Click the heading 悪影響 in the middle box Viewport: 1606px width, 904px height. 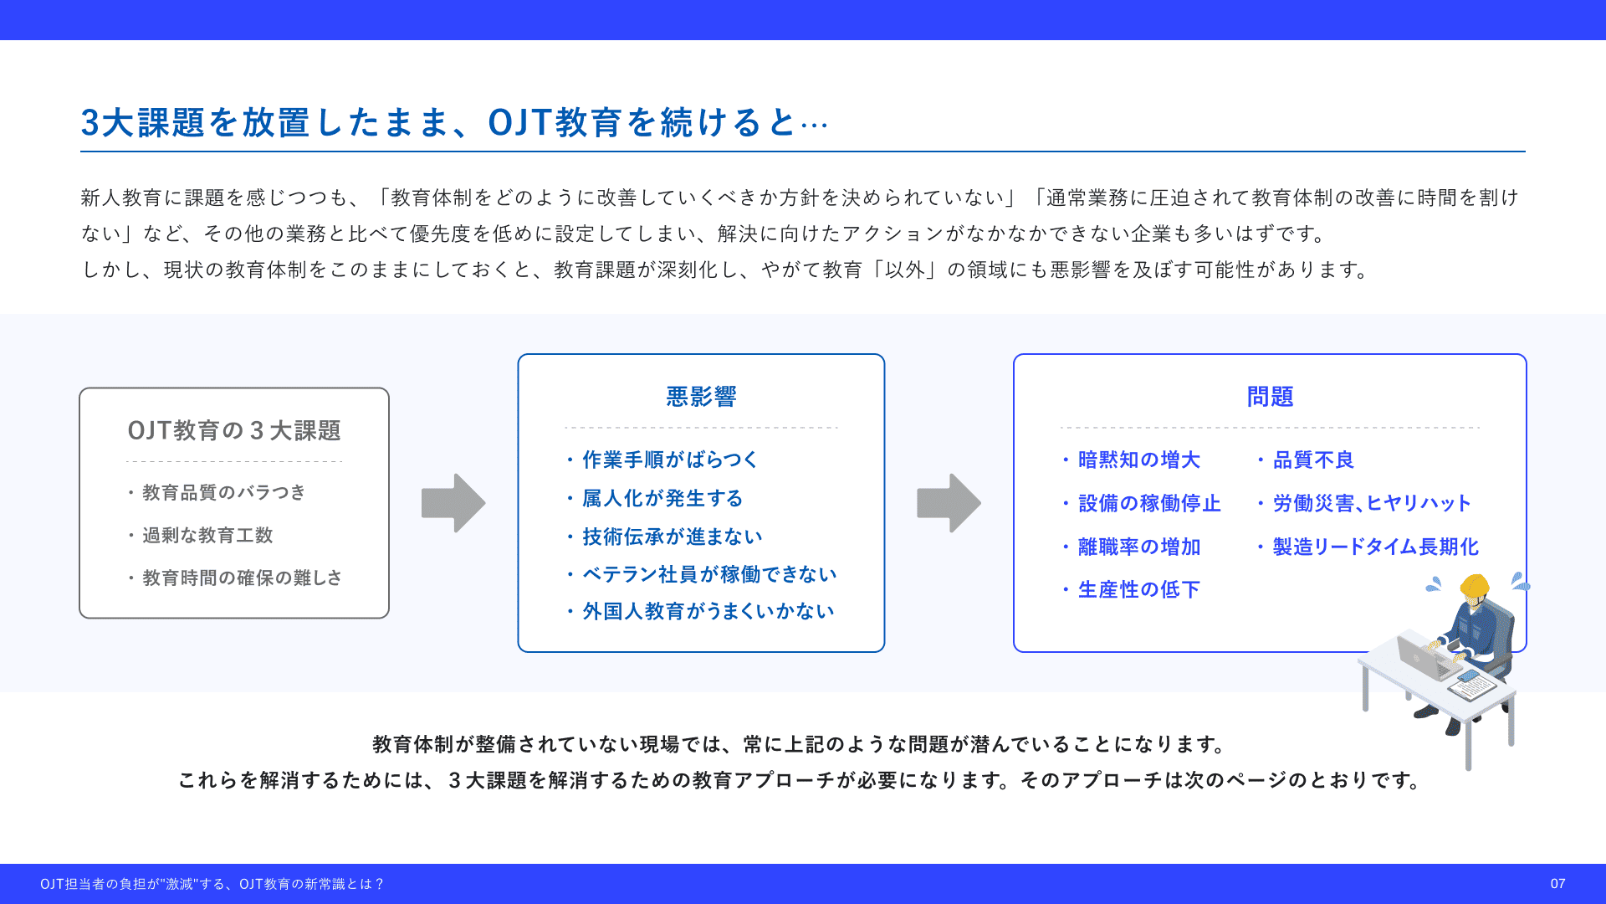pyautogui.click(x=701, y=397)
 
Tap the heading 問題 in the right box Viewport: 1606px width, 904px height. pyautogui.click(x=1270, y=397)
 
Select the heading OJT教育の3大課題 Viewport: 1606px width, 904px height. pyautogui.click(x=234, y=431)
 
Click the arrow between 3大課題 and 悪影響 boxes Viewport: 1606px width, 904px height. pyautogui.click(x=453, y=503)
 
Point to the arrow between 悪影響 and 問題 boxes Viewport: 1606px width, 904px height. pyautogui.click(x=949, y=503)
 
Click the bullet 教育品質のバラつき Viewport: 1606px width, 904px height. pyautogui.click(x=223, y=492)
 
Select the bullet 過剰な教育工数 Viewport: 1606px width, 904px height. pyautogui.click(x=207, y=536)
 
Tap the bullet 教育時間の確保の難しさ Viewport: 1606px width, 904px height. pyautogui.click(x=242, y=578)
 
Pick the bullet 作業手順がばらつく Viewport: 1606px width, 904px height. pyautogui.click(x=670, y=460)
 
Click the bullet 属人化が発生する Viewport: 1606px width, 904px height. pyautogui.click(x=662, y=499)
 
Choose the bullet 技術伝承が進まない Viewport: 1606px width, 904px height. pyautogui.click(x=673, y=537)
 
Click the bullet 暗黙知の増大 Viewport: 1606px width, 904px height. pyautogui.click(x=1138, y=460)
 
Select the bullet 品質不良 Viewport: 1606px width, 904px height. pyautogui.click(x=1313, y=460)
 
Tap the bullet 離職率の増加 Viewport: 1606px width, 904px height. pyautogui.click(x=1139, y=547)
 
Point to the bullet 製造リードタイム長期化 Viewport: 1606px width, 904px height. pyautogui.click(x=1375, y=547)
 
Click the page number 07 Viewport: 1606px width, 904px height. pyautogui.click(x=1557, y=884)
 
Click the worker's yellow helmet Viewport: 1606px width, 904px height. pyautogui.click(x=1475, y=588)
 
